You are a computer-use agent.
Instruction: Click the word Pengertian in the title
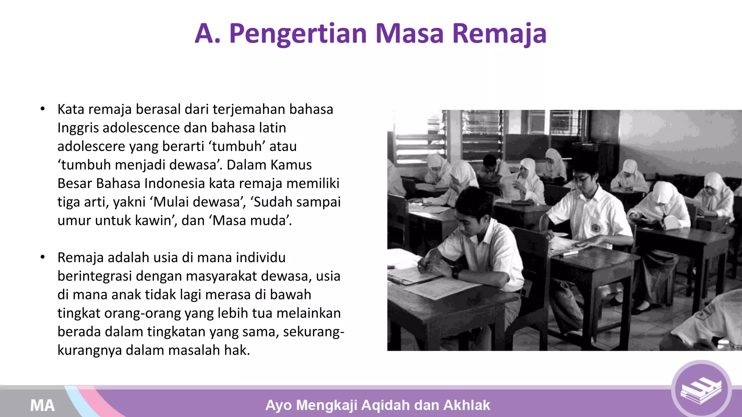point(298,34)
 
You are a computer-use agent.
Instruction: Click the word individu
point(260,257)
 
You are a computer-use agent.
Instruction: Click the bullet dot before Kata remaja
point(43,109)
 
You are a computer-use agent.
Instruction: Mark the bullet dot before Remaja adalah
point(43,257)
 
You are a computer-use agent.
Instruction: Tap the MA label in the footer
point(42,405)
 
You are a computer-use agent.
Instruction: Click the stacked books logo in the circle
point(701,390)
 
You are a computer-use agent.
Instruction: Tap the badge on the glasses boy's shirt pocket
point(595,228)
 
